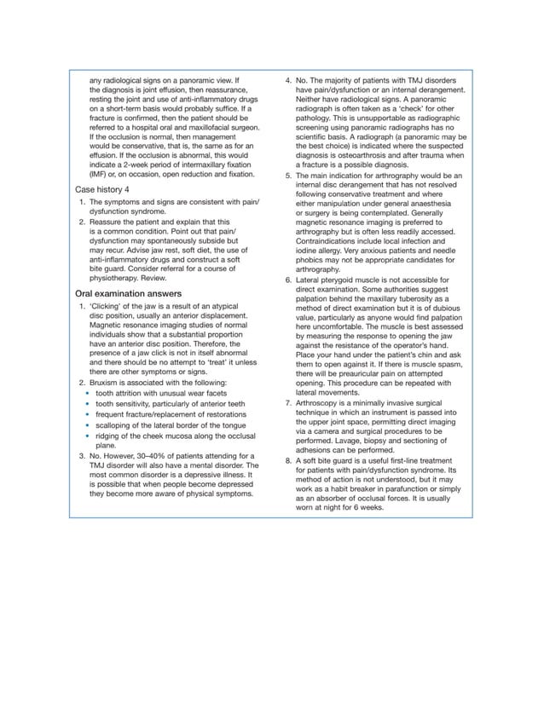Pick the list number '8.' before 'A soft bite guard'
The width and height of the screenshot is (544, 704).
(288, 460)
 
